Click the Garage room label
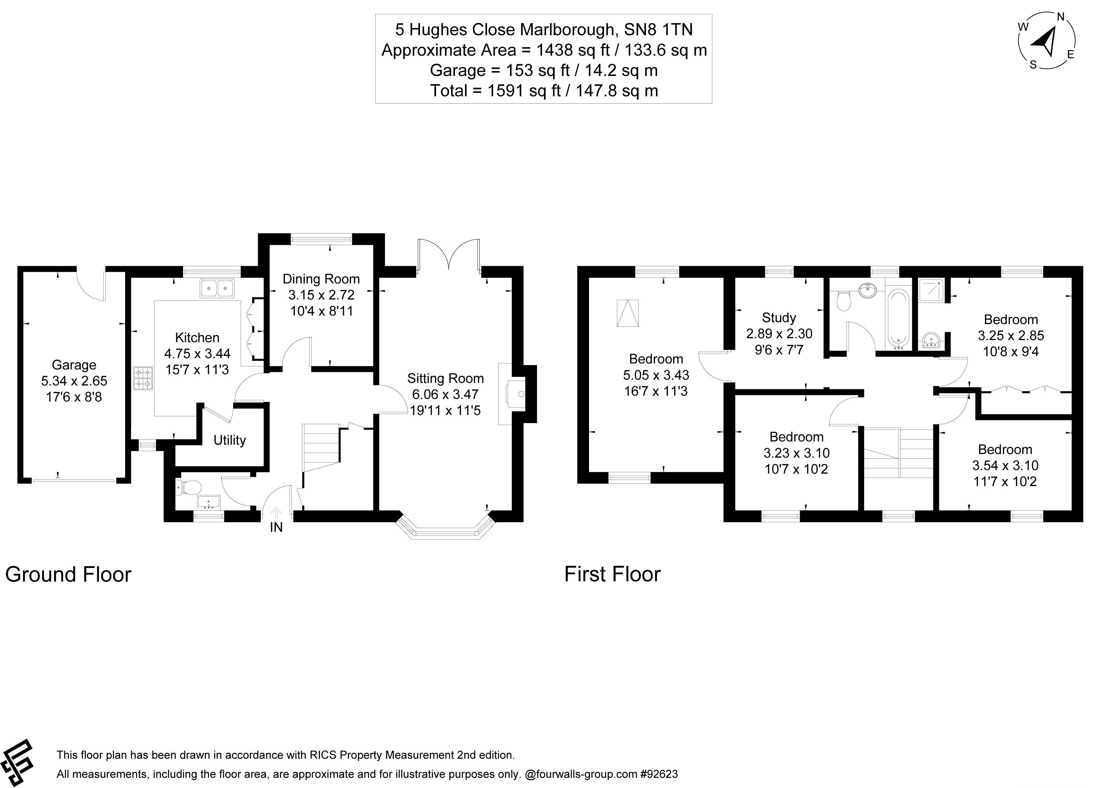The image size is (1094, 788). [74, 365]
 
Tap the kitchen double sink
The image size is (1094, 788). [217, 289]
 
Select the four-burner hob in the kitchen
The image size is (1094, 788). [143, 379]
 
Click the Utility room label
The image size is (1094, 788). [229, 440]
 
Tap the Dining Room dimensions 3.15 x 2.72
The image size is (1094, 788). [321, 295]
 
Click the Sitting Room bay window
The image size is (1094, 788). [445, 531]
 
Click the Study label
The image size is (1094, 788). [779, 318]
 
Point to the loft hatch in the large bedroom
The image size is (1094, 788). [628, 313]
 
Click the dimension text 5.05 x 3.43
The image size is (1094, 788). [656, 375]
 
